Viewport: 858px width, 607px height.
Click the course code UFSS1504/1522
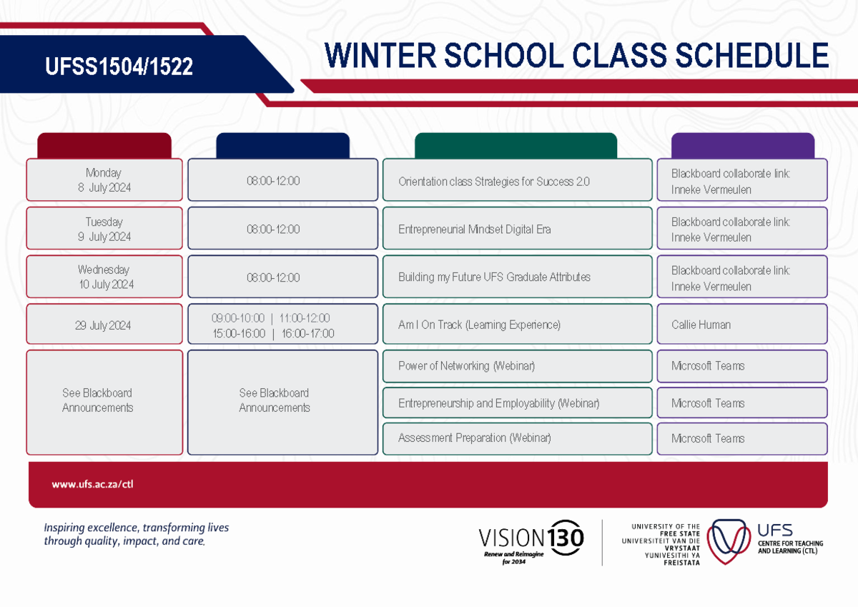pos(119,67)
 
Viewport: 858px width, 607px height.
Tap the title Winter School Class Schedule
pos(576,56)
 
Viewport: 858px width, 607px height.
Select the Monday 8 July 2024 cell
pos(104,180)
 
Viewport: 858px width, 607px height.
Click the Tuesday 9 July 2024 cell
pos(104,229)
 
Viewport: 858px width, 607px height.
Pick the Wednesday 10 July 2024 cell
pos(104,277)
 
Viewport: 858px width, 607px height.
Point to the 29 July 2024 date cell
pos(104,325)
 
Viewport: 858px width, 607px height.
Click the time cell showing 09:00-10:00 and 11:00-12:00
pos(282,325)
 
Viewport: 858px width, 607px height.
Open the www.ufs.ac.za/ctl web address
pos(92,484)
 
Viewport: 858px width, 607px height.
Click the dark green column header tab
pos(516,146)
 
